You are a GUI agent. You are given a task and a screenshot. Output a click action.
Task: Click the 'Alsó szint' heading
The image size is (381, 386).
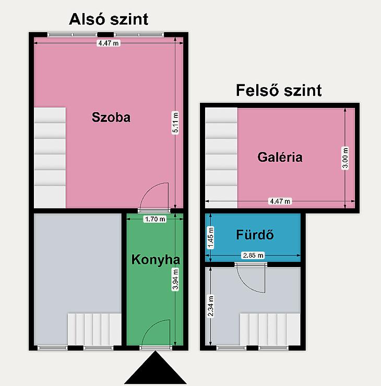pos(109,19)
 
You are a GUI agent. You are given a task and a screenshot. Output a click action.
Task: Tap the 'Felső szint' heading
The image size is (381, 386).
pos(279,90)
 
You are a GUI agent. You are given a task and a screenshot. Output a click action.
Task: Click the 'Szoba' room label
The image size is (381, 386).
pos(111,117)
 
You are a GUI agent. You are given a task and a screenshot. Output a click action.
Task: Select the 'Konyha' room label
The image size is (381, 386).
pos(156,260)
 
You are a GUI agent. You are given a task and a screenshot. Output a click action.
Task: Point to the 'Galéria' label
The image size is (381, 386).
pos(280,157)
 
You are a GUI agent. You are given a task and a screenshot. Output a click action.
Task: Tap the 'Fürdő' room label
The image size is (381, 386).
pos(255,235)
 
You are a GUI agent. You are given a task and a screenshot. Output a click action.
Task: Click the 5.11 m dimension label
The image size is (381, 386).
pos(175,123)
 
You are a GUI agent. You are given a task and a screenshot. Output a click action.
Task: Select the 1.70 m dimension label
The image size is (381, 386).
pos(155,219)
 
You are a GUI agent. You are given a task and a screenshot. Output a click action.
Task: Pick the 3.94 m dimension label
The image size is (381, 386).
pos(175,280)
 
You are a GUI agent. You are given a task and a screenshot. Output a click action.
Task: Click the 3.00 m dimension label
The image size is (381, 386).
pos(346,158)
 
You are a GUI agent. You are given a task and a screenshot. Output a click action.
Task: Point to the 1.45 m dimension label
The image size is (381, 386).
pos(210,238)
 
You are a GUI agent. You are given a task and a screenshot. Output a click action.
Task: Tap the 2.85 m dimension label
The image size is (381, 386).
pos(253,255)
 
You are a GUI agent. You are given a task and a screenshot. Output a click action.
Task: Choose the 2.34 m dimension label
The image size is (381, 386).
pos(210,306)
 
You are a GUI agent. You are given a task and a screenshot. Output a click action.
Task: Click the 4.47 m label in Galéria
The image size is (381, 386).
pos(280,201)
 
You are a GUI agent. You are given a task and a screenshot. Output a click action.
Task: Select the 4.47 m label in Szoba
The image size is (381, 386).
pos(109,43)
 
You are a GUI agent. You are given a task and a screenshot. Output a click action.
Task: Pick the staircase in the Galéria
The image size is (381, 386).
pos(221,158)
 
